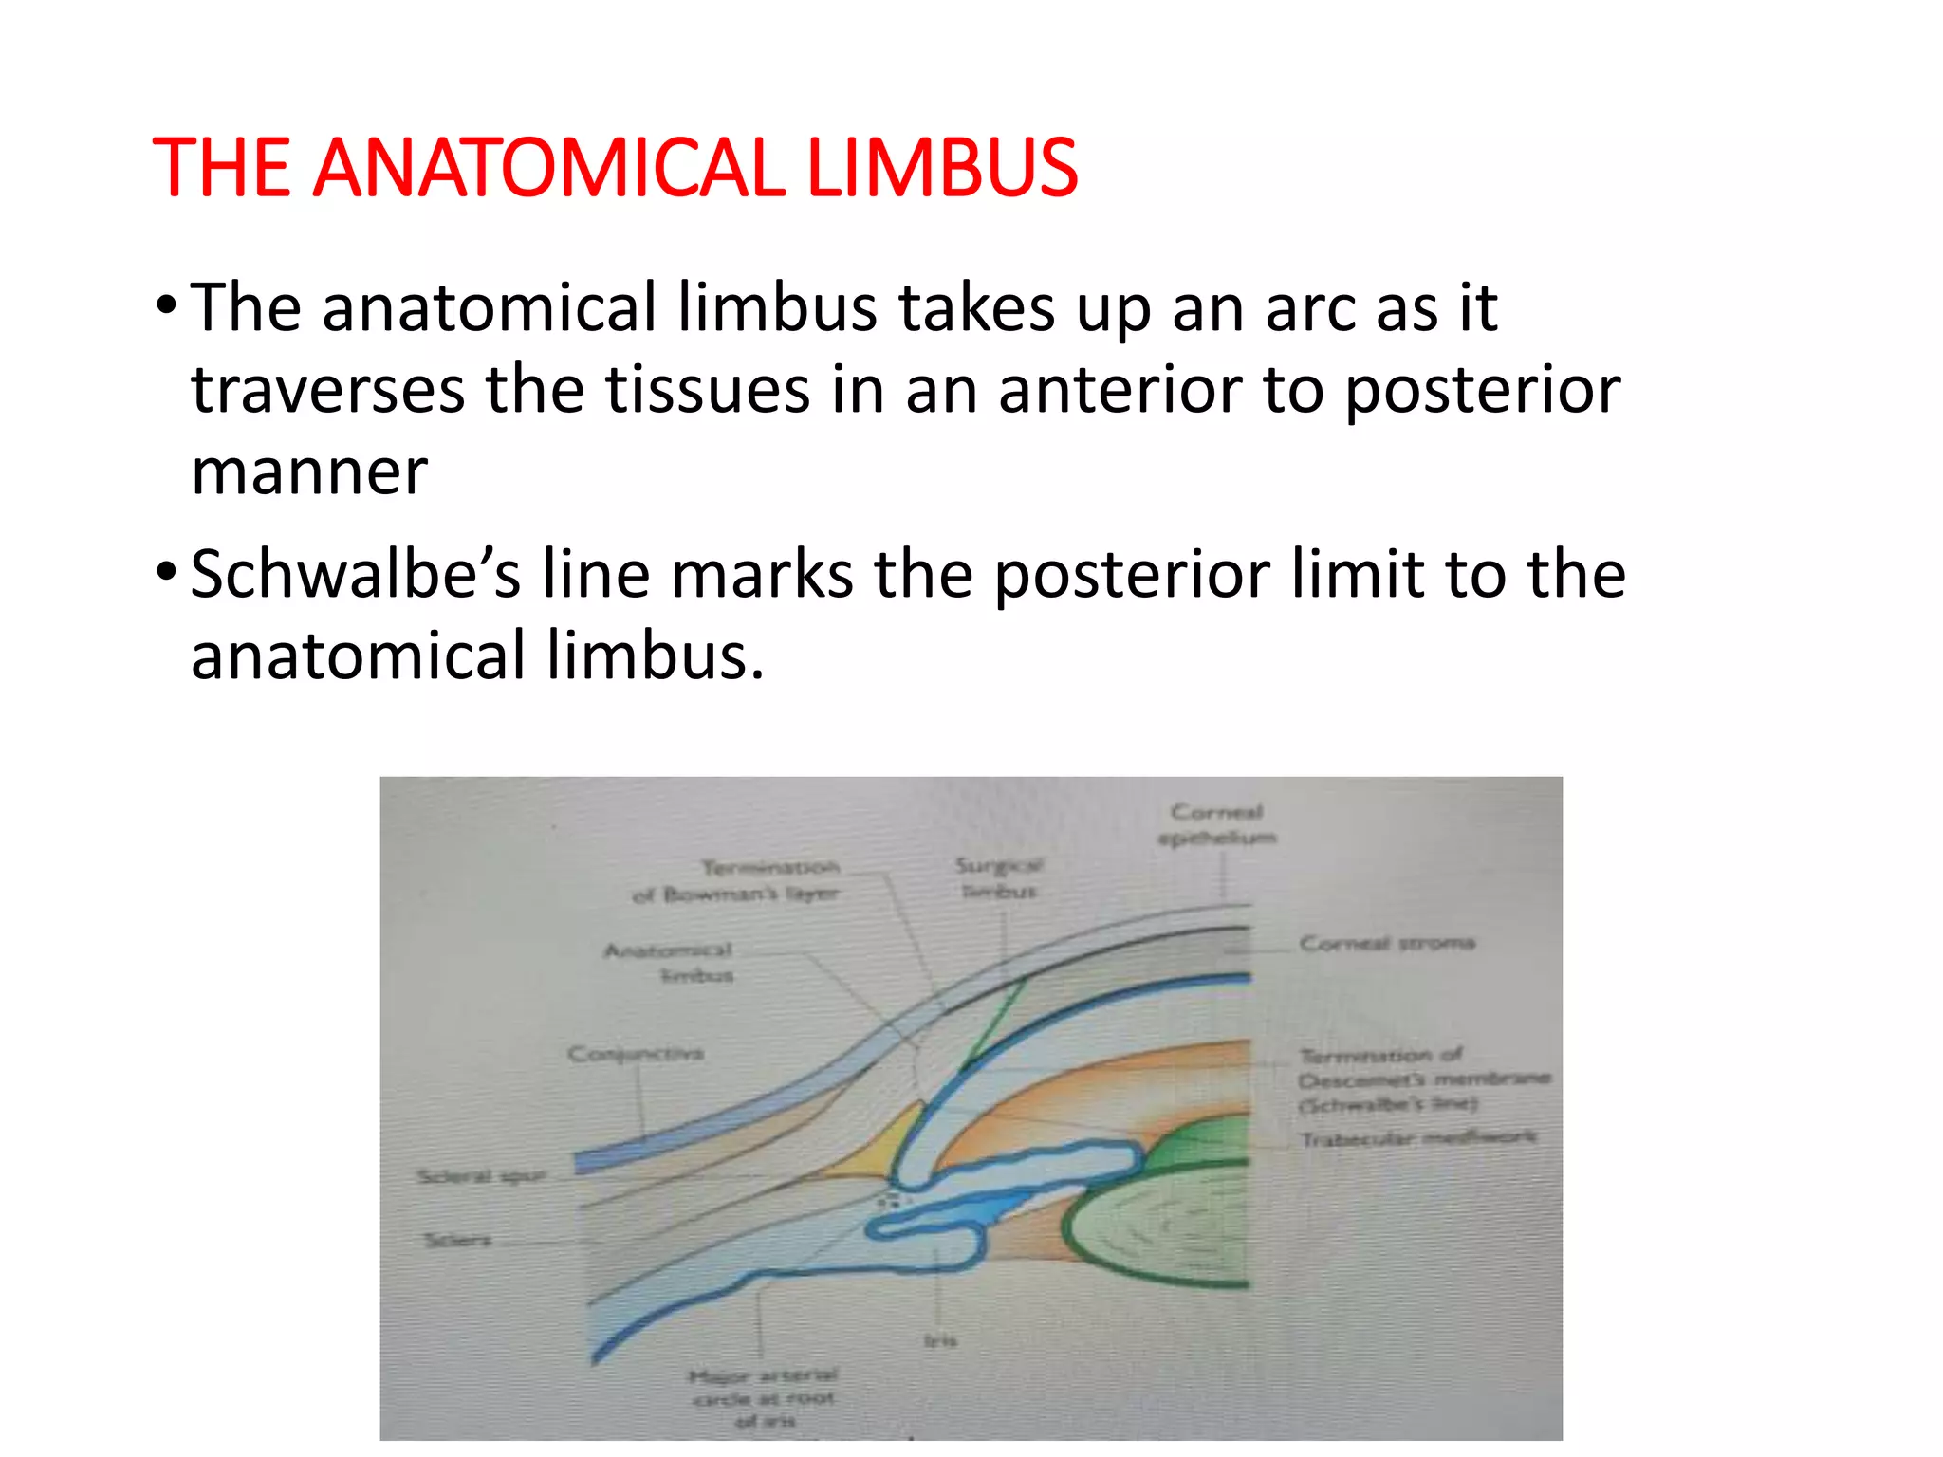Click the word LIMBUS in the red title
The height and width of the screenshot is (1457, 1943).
tap(941, 168)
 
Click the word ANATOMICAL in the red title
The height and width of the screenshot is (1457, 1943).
tap(547, 168)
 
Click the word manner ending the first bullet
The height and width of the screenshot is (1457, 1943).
tap(308, 471)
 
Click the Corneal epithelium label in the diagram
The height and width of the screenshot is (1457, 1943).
tap(1216, 824)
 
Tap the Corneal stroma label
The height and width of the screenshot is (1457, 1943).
tap(1386, 943)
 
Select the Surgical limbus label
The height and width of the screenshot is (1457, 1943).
tap(998, 877)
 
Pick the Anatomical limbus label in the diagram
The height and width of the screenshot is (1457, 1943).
tap(670, 962)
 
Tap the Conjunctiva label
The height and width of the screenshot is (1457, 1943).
tap(635, 1053)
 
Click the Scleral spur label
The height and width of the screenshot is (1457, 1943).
tap(482, 1176)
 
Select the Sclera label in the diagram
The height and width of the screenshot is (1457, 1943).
tap(457, 1239)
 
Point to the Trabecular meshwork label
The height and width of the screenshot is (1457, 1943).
tap(1416, 1138)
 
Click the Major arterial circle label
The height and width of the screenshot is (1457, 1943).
tap(764, 1397)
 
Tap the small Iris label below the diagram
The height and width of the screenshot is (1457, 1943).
tap(940, 1340)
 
